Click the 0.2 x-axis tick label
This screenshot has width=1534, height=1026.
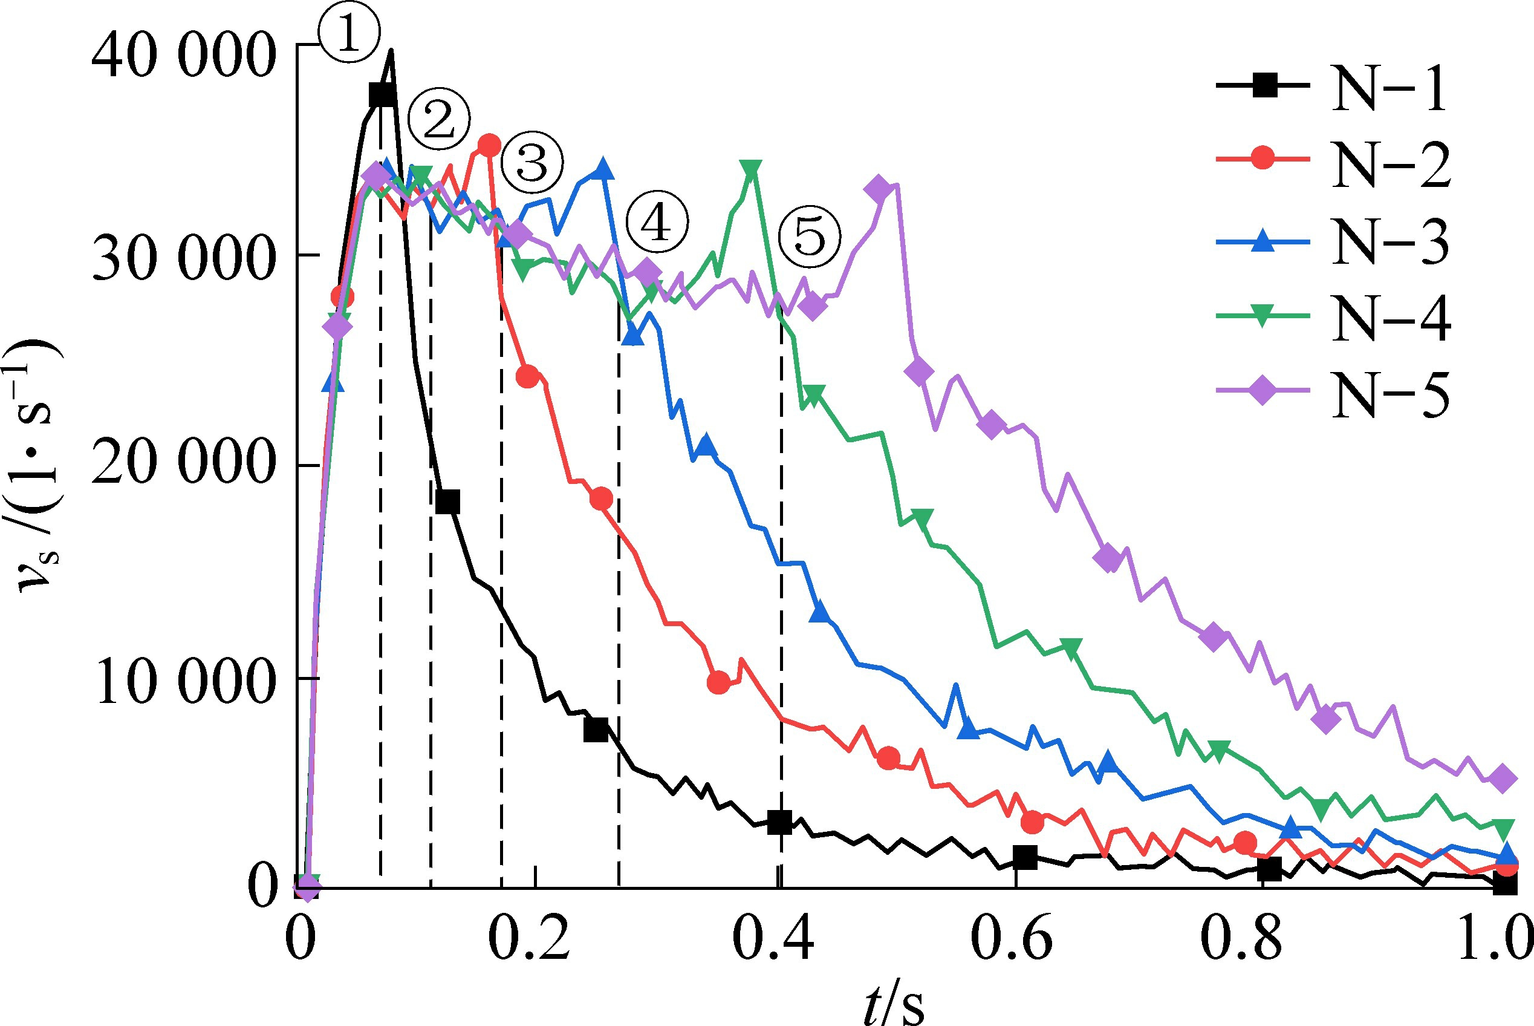point(529,940)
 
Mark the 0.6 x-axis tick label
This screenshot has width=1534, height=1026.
point(1011,940)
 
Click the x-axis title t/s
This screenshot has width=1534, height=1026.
point(893,1004)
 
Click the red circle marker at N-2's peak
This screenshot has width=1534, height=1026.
point(489,145)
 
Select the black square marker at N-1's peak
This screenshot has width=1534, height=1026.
point(382,96)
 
